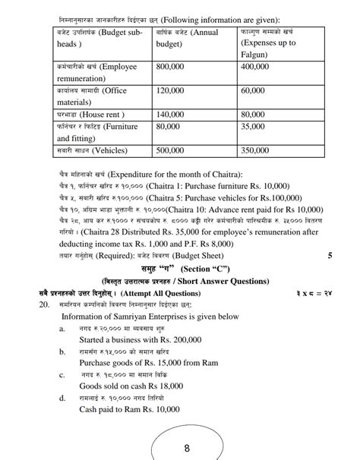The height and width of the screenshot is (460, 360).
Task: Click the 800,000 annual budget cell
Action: coord(172,68)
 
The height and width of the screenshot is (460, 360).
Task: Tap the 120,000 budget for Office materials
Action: coord(172,91)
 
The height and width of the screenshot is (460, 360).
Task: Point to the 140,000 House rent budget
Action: coord(172,115)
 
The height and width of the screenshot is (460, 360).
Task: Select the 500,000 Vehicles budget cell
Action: coord(172,151)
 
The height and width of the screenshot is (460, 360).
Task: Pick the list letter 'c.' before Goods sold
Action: coord(63,374)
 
